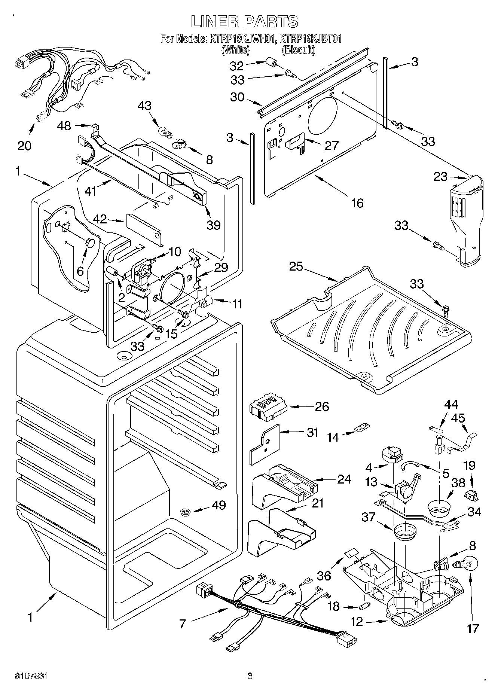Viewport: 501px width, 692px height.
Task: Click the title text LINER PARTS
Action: [x=245, y=22]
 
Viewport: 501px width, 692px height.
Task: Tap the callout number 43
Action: [x=144, y=106]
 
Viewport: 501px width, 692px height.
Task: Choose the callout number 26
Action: [x=322, y=406]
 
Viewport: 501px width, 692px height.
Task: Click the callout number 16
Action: [x=358, y=203]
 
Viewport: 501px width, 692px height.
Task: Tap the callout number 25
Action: [x=296, y=267]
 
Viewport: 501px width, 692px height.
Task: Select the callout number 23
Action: [x=440, y=176]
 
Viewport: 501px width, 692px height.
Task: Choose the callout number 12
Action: [x=357, y=622]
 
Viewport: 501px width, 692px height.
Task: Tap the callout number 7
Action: [x=182, y=624]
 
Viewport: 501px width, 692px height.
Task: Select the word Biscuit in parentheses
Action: [x=298, y=49]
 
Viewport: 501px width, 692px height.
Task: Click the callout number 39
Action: [x=213, y=225]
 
